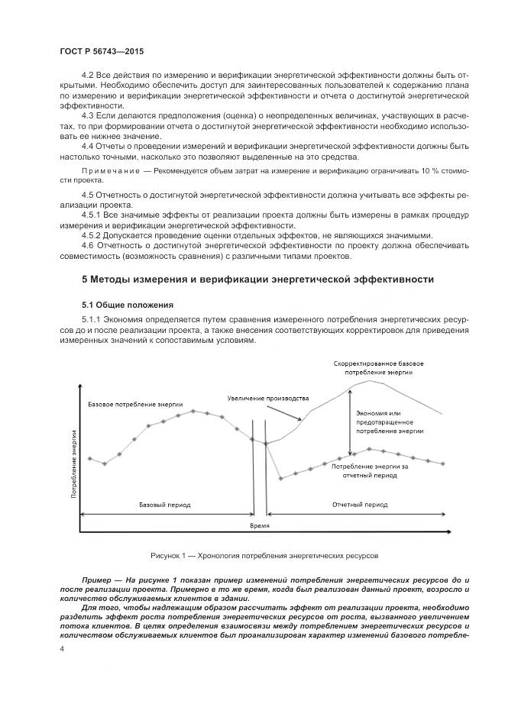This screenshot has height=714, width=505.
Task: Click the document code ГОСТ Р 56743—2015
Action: coord(102,51)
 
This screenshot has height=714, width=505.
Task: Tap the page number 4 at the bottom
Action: coord(62,648)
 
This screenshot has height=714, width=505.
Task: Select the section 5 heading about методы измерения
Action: coord(257,279)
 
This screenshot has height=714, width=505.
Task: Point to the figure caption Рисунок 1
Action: coord(264,556)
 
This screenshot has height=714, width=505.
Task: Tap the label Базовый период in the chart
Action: coord(164,505)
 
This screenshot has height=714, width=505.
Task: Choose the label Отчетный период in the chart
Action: coord(360,505)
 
